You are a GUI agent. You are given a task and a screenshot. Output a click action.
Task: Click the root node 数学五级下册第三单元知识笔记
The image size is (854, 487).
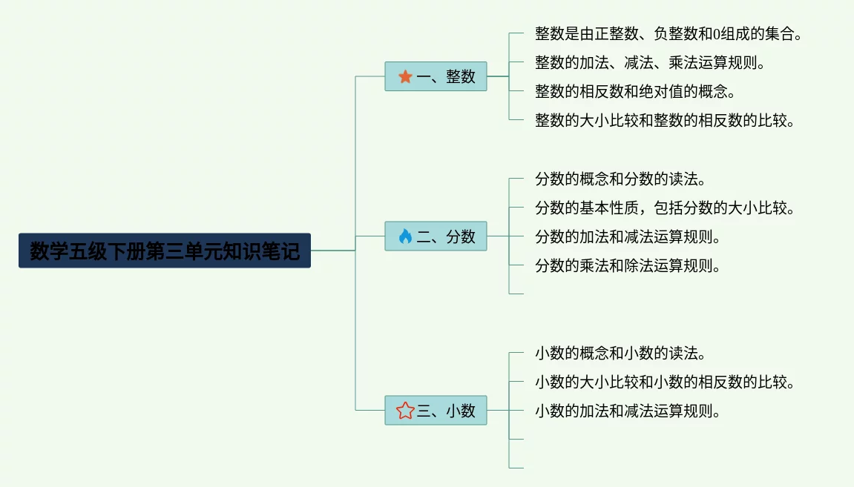[164, 251]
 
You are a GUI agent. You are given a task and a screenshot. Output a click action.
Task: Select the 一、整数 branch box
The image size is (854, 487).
[436, 76]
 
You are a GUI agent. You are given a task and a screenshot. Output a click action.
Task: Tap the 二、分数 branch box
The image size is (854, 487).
[436, 236]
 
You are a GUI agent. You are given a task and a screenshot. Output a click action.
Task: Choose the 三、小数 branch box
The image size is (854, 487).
[436, 411]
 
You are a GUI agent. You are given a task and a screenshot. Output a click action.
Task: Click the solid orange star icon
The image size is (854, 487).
[405, 76]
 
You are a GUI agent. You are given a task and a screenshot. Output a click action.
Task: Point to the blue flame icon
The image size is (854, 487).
[405, 236]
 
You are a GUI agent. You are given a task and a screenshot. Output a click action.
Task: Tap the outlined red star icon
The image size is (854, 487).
[405, 411]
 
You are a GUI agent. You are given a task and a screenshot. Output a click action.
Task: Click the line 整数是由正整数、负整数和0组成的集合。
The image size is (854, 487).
[668, 34]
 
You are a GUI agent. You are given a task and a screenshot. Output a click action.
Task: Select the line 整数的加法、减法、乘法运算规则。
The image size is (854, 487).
[649, 63]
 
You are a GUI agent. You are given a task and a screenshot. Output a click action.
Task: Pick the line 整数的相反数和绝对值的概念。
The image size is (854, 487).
[635, 92]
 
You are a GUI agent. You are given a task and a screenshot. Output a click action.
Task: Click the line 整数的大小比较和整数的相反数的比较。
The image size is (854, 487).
[665, 121]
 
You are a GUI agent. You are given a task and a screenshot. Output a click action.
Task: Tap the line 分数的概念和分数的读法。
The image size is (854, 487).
[620, 179]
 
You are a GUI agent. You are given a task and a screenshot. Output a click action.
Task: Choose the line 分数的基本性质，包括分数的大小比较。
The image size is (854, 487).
[665, 208]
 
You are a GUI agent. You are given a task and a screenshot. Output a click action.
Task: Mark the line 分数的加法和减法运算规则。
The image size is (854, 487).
[628, 237]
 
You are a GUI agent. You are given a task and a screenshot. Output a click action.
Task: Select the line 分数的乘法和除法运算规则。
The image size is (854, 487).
[628, 266]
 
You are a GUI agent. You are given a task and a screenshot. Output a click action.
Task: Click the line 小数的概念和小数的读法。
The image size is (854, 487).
[620, 354]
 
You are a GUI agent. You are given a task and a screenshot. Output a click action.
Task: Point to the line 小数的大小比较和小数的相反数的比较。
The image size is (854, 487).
[665, 382]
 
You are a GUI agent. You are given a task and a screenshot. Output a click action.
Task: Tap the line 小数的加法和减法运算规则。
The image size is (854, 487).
[628, 411]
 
